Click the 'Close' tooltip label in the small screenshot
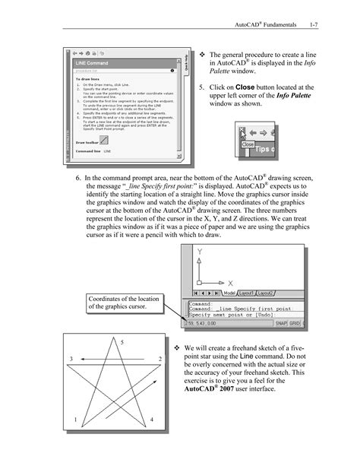pyautogui.click(x=248, y=144)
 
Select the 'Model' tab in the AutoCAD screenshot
pyautogui.click(x=227, y=292)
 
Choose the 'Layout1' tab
pyautogui.click(x=246, y=292)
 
